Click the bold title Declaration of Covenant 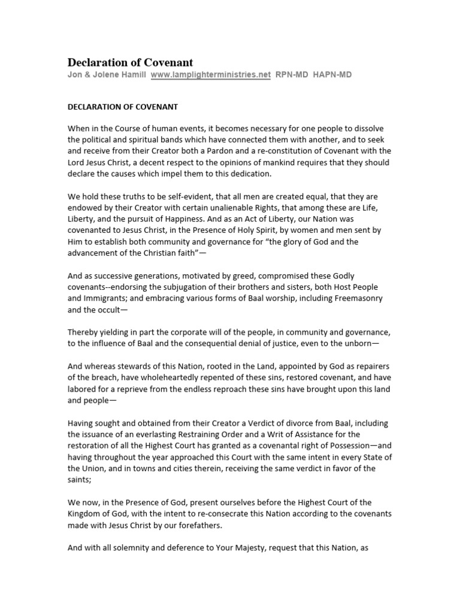click(130, 62)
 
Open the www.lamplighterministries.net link click(210, 75)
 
